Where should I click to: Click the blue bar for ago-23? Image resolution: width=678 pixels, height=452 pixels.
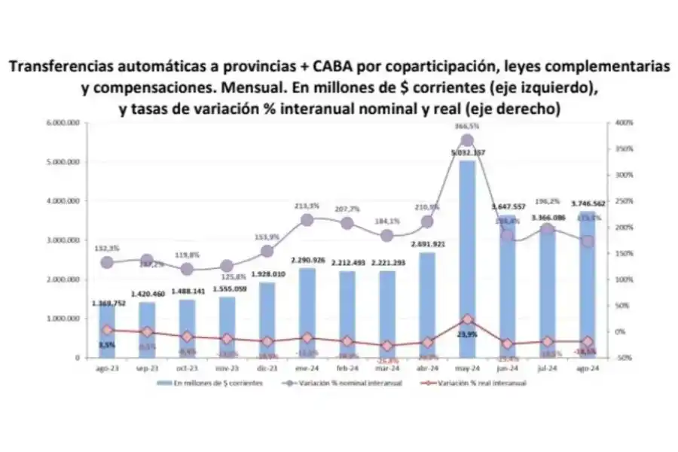[x=107, y=331]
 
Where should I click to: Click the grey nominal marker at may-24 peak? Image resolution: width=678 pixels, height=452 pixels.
[x=467, y=140]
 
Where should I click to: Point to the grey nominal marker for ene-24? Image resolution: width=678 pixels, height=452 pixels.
[x=307, y=220]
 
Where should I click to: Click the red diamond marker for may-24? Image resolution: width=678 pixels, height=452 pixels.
[x=467, y=319]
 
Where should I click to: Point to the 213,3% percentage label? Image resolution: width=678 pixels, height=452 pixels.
[x=307, y=205]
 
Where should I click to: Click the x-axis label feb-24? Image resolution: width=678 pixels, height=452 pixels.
[x=347, y=368]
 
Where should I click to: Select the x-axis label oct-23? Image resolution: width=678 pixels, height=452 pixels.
[x=187, y=368]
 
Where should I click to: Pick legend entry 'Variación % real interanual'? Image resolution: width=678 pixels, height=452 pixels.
[x=485, y=383]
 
